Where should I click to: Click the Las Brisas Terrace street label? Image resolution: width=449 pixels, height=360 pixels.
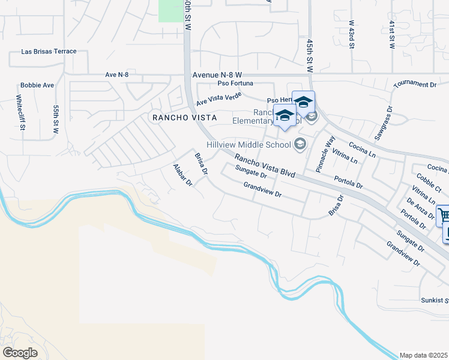49,52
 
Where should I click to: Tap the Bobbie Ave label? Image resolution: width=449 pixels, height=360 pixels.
37,85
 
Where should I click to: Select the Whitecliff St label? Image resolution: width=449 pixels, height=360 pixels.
20,108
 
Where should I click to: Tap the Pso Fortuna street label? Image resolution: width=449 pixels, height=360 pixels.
235,83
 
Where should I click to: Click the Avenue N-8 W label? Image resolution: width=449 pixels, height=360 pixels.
217,75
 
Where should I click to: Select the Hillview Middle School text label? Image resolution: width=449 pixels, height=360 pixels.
249,144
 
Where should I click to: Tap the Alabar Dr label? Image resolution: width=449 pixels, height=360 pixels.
182,174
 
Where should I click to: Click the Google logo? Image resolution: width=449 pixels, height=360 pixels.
20,353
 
